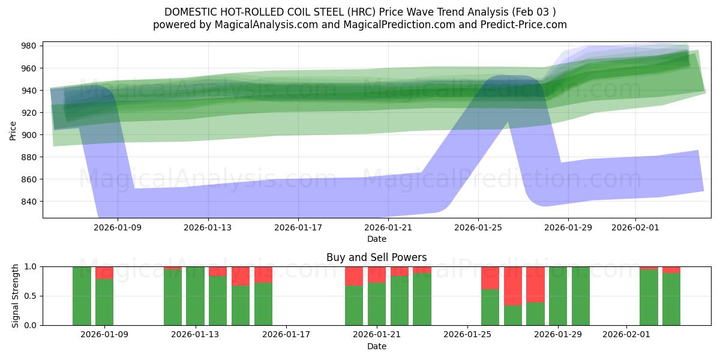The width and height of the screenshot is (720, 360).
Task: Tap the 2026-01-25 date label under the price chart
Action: click(x=478, y=228)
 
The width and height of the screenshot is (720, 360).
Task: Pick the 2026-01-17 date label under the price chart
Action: click(x=298, y=228)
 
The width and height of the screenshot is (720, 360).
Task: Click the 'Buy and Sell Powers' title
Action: click(x=376, y=257)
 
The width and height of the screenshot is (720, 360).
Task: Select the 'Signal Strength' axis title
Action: click(x=16, y=295)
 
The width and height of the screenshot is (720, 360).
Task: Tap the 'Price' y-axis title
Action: click(x=13, y=130)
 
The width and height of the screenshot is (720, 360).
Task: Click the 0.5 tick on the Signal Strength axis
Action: click(x=29, y=296)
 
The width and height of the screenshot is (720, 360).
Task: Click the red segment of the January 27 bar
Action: click(x=513, y=286)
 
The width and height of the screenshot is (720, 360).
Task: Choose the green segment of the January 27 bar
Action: click(x=513, y=315)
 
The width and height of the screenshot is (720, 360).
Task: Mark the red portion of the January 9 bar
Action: click(x=104, y=272)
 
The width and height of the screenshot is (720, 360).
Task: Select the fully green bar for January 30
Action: click(x=581, y=296)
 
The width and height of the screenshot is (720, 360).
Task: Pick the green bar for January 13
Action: click(x=195, y=296)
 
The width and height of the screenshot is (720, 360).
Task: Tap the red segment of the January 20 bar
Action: click(x=354, y=276)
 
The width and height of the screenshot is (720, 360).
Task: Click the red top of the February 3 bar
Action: click(x=671, y=269)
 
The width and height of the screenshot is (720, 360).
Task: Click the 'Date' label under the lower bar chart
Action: click(x=376, y=346)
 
